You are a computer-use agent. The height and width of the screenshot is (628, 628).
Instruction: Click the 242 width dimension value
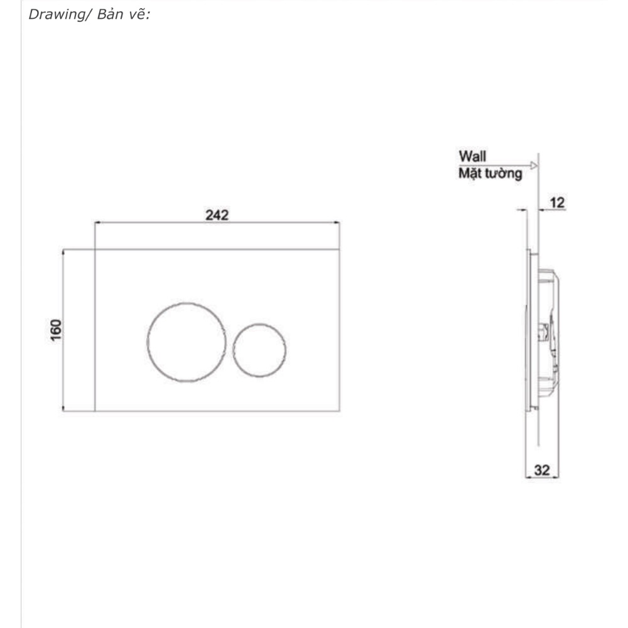217,215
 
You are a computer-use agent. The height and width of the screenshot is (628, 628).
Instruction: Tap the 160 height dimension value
56,330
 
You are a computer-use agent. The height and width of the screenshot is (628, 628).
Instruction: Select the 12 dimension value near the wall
557,203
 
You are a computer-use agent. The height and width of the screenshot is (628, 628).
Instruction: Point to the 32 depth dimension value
542,470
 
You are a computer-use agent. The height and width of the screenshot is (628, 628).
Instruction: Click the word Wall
473,156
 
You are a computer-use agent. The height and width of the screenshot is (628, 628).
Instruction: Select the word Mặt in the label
470,173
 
